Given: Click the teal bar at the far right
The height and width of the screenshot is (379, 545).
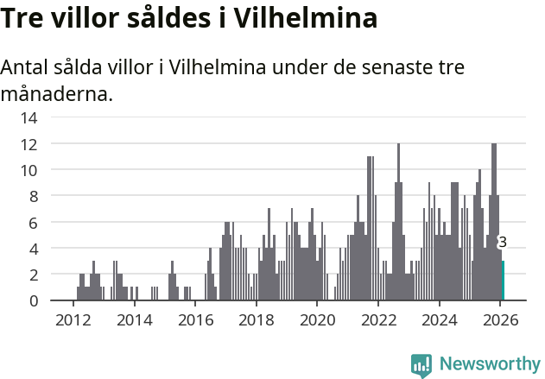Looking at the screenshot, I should click(503, 281).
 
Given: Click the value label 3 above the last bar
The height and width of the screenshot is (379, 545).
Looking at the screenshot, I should click(503, 243).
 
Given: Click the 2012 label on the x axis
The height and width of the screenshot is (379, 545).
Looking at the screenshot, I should click(73, 319).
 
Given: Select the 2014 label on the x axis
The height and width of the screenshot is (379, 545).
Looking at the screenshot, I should click(134, 319).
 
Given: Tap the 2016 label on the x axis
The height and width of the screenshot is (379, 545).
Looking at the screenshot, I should click(195, 319).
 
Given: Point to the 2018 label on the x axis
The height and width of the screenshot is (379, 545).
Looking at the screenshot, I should click(256, 319).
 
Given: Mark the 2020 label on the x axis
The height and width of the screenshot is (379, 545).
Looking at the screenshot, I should click(317, 319).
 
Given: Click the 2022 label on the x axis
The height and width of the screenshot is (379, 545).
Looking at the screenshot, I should click(378, 319).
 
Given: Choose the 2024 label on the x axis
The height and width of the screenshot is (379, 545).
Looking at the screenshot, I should click(439, 319).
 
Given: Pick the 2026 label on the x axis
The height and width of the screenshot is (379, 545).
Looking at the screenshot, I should click(500, 319).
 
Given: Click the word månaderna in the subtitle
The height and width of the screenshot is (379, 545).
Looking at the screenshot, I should click(57, 93).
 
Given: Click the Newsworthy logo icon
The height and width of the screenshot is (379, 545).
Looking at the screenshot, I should click(421, 365).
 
